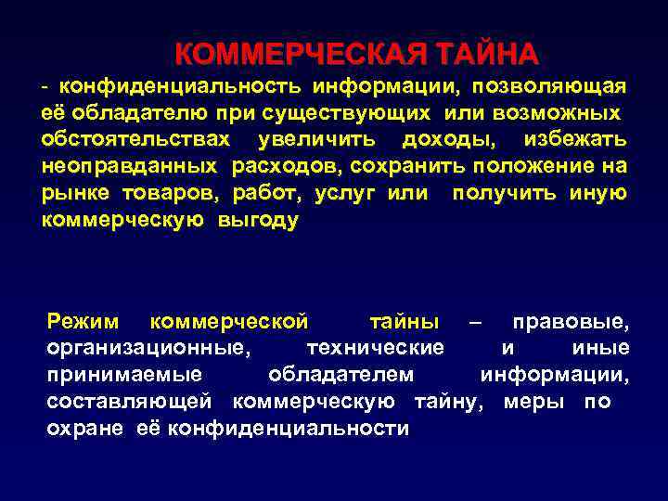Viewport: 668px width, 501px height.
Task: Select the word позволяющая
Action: coord(549,86)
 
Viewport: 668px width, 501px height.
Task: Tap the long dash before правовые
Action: coord(476,323)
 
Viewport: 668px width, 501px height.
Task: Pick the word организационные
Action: coord(147,349)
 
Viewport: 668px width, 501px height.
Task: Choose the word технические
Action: coord(374,349)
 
